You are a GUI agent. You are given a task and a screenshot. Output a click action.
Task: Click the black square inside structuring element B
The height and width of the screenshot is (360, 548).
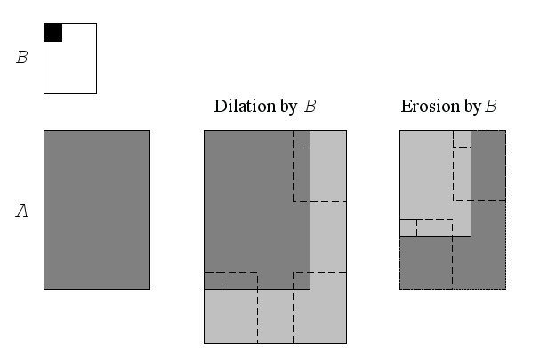tap(52, 32)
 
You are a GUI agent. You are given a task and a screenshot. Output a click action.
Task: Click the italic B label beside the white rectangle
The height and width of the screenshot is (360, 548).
tap(22, 59)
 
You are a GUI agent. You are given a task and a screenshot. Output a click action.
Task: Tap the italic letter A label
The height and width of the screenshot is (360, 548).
tap(22, 212)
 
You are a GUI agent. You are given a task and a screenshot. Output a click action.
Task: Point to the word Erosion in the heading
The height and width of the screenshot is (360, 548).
tap(426, 107)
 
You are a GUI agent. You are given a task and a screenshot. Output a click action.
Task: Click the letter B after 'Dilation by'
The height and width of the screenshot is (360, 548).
tap(310, 107)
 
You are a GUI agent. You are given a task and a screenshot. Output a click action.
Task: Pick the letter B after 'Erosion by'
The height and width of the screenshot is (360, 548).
tap(490, 107)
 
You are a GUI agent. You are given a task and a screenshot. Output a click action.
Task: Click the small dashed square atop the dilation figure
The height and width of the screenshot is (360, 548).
tap(302, 139)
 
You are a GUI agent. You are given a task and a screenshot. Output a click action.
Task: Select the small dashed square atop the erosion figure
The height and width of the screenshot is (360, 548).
tap(462, 139)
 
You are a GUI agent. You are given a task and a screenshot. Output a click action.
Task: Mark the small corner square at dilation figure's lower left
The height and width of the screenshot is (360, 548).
tap(213, 281)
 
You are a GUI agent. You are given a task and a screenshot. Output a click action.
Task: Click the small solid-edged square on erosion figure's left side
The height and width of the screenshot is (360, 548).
tap(408, 228)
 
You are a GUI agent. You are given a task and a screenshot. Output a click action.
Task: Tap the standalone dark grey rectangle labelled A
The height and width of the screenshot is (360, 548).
tap(96, 210)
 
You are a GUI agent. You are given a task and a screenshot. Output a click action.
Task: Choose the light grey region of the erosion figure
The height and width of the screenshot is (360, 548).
tap(427, 178)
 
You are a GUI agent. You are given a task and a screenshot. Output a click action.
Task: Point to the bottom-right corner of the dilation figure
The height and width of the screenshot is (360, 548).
tap(346, 343)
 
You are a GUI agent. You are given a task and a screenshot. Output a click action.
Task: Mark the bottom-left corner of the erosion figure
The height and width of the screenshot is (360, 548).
tap(399, 289)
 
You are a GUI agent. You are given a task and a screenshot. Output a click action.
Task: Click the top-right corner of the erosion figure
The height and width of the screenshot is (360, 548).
tap(506, 130)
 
